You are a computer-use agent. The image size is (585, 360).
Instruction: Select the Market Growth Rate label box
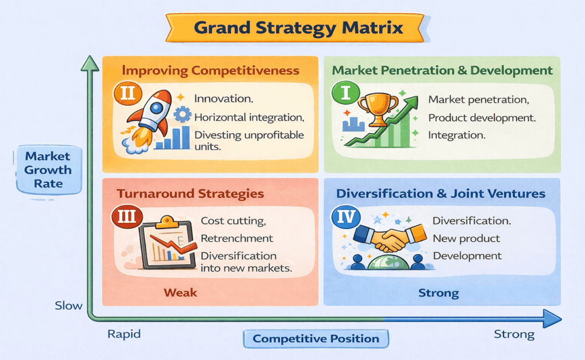click(x=48, y=170)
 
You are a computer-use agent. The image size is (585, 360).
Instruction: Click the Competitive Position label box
click(x=316, y=338)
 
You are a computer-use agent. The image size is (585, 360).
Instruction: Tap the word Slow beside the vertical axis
click(x=69, y=305)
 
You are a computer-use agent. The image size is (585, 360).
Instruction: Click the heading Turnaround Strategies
click(x=190, y=194)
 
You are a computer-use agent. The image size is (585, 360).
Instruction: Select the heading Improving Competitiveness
click(x=210, y=71)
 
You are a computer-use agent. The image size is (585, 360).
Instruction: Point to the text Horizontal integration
click(x=249, y=117)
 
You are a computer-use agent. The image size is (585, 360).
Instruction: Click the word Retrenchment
click(x=237, y=238)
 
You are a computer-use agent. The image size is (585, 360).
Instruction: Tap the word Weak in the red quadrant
click(x=181, y=293)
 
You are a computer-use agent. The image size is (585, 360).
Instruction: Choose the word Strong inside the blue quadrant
click(x=438, y=293)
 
